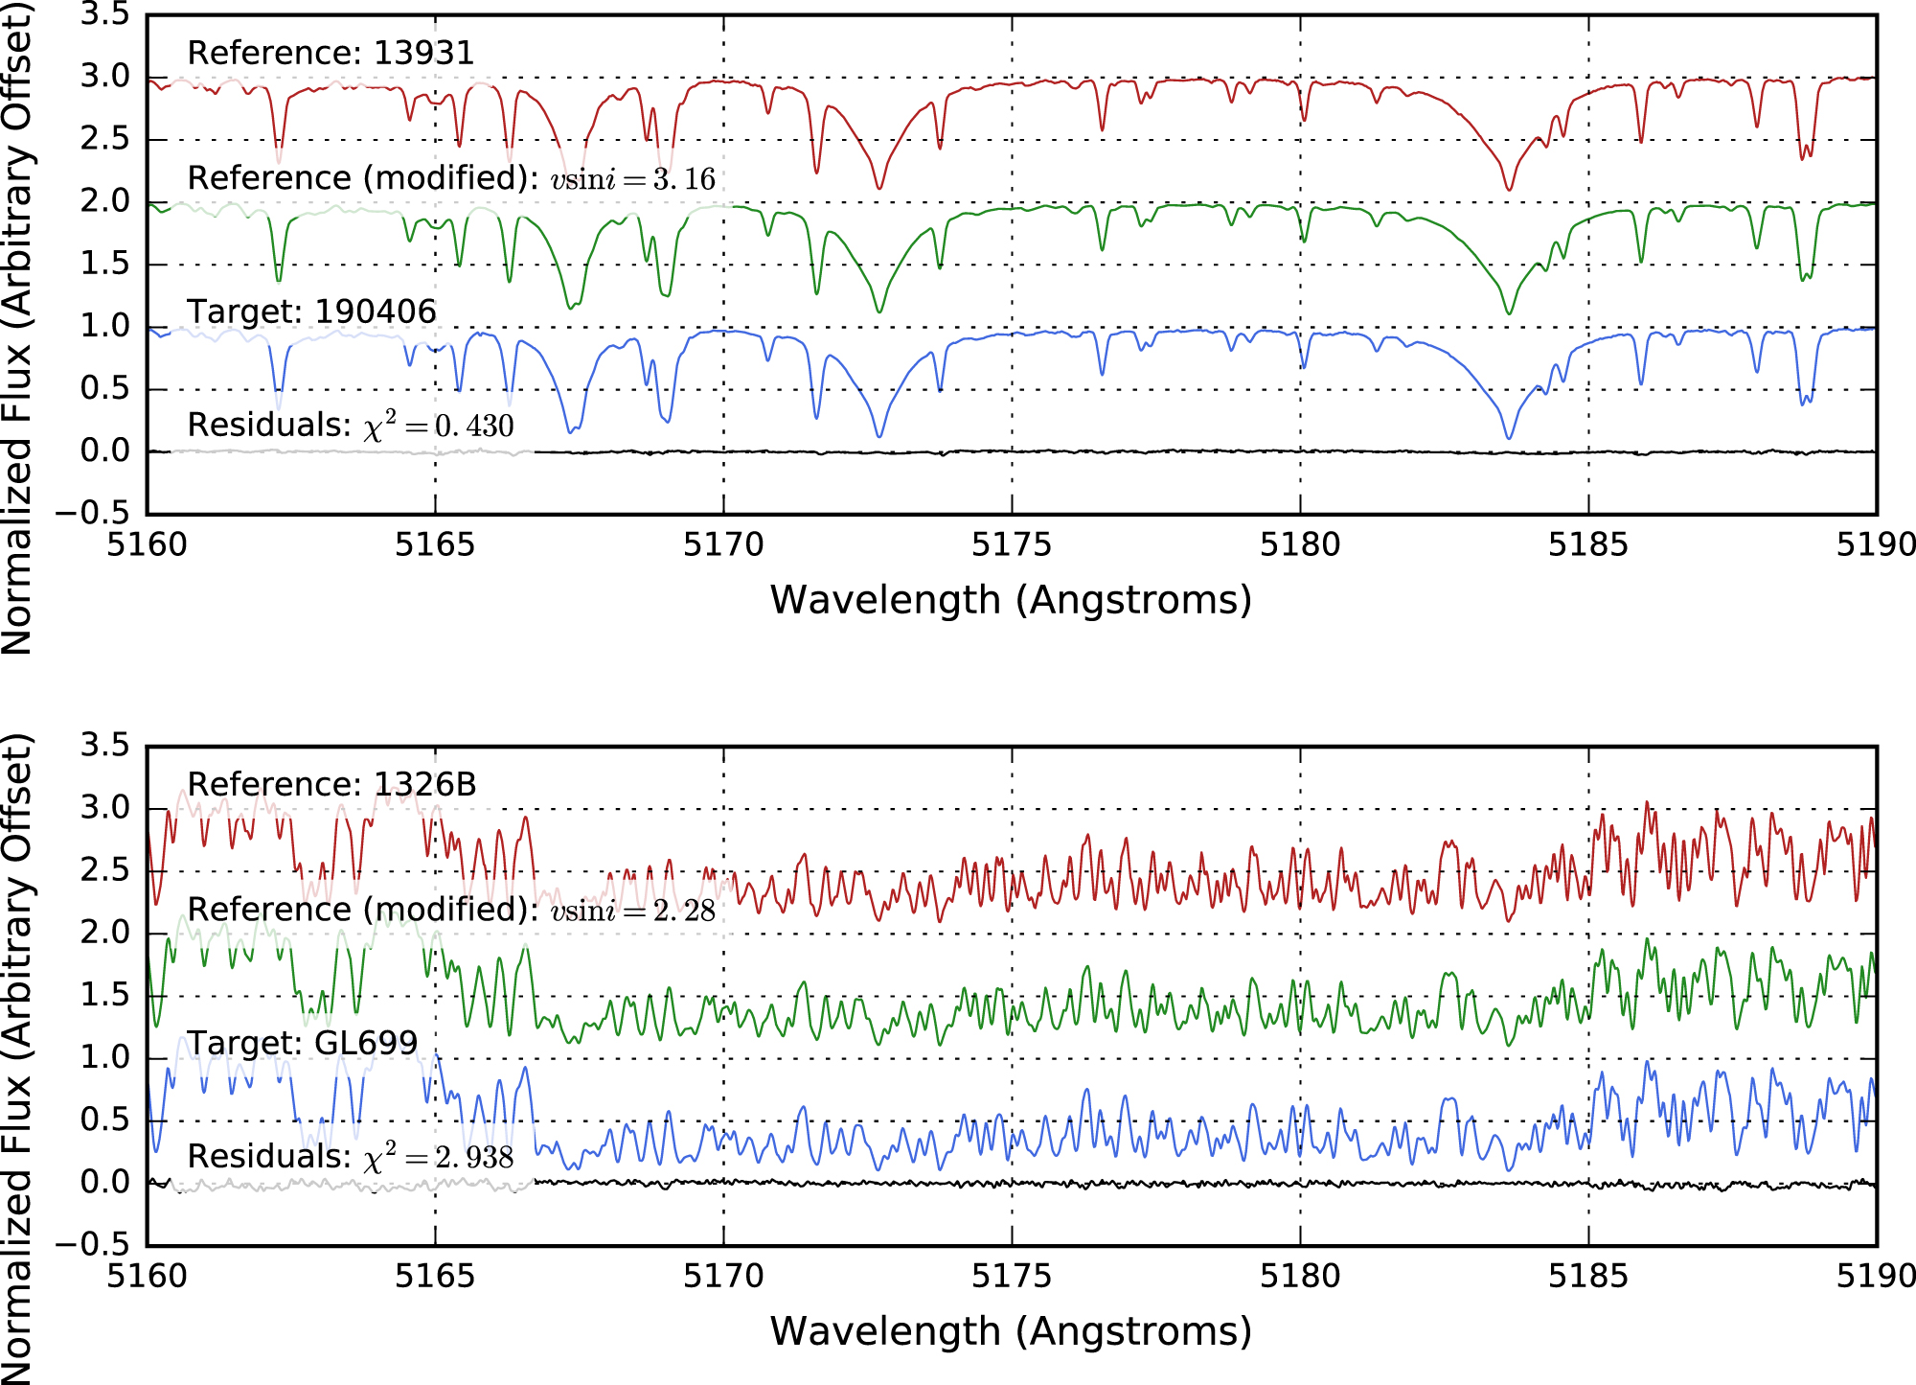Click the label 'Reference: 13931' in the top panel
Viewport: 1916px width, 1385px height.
(x=331, y=53)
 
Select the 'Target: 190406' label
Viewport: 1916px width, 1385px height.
(x=311, y=312)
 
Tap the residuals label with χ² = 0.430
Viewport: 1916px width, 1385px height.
(x=351, y=425)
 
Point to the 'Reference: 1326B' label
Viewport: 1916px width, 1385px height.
(x=331, y=784)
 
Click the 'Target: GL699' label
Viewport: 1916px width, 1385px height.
(x=303, y=1043)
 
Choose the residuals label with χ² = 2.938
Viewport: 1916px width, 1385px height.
(x=351, y=1156)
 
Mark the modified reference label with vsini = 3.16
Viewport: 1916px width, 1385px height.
(x=451, y=178)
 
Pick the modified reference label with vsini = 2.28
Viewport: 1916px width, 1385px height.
(x=451, y=910)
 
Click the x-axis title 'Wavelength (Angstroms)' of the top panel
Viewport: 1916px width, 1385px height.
(x=1012, y=600)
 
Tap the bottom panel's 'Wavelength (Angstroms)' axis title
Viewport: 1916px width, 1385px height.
(x=1012, y=1331)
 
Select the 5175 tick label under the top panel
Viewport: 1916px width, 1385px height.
(x=1012, y=544)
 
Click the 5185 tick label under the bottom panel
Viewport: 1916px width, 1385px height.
(x=1588, y=1276)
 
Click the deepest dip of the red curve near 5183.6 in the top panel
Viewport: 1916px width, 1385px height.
(x=1509, y=189)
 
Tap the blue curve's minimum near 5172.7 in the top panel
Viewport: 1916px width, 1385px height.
(x=879, y=437)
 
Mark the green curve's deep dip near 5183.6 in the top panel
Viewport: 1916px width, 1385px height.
(x=1509, y=313)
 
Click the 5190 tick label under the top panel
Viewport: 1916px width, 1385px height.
(x=1876, y=544)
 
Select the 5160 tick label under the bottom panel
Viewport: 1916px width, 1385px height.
(x=147, y=1276)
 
